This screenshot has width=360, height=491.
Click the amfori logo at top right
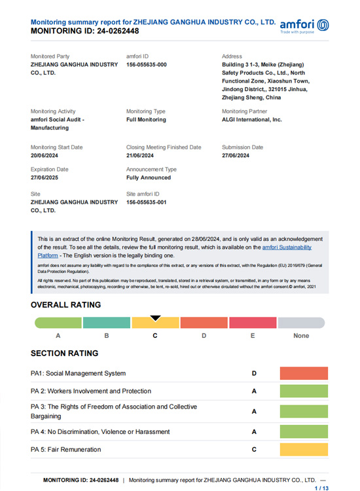click(x=304, y=26)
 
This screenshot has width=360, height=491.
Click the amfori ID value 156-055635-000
click(x=147, y=65)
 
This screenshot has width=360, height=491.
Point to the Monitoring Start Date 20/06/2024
click(x=48, y=156)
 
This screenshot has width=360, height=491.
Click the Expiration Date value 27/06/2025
click(x=48, y=177)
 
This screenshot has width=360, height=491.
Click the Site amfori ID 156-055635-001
click(x=147, y=202)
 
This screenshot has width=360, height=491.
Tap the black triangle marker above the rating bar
click(x=155, y=318)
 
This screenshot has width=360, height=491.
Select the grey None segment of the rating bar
click(x=301, y=323)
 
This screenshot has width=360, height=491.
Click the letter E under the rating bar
click(x=253, y=336)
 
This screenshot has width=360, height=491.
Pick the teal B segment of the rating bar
click(x=107, y=323)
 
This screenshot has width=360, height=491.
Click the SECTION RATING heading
click(x=64, y=354)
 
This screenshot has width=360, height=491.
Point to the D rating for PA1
click(x=254, y=373)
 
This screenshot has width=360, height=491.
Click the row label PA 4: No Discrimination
click(x=100, y=432)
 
